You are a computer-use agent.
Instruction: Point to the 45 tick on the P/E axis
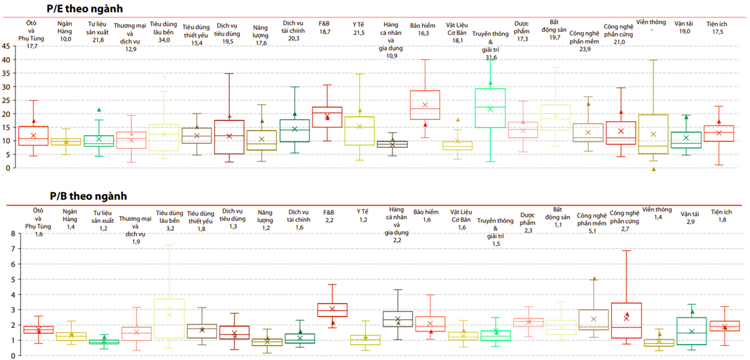tap(6, 46)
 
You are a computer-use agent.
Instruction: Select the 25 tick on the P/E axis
tap(6, 101)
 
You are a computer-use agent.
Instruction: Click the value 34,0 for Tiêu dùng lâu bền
tap(165, 40)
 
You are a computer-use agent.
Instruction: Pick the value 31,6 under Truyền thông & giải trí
tap(491, 57)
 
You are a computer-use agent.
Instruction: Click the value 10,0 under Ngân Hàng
tap(65, 38)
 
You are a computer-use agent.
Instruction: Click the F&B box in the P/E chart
tap(327, 117)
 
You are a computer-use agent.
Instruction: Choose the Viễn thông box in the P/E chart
tap(653, 135)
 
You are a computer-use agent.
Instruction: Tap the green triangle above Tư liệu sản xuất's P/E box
tap(99, 110)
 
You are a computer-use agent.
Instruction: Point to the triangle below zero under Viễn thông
tap(653, 168)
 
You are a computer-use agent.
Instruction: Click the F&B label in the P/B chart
tap(329, 211)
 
